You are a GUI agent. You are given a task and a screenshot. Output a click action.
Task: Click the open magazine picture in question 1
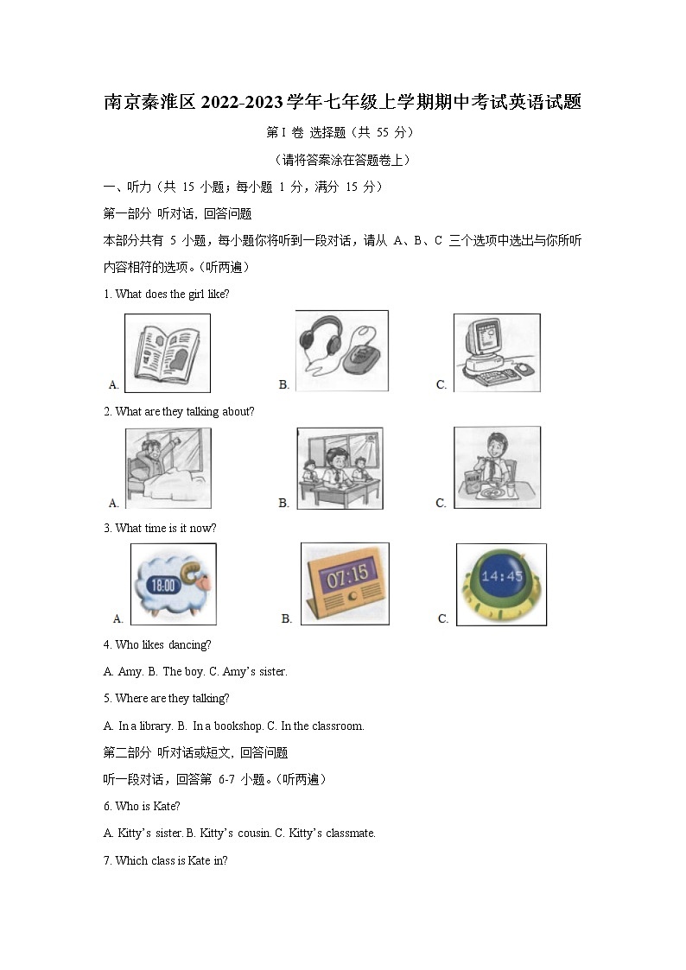coord(168,352)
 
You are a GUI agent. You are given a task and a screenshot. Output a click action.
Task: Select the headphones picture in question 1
coord(341,349)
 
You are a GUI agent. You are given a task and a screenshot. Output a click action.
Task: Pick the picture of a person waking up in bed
coord(168,467)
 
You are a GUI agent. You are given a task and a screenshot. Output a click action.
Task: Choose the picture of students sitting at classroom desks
coord(340,467)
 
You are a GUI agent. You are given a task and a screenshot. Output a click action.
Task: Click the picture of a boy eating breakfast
coord(497,466)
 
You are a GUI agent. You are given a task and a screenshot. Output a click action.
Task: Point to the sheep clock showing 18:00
coord(173,584)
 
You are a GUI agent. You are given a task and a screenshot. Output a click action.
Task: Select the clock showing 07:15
coord(345,583)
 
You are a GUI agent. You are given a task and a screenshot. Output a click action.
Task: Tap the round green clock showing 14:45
coord(501,584)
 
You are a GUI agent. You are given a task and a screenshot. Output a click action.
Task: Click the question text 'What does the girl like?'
coord(172,294)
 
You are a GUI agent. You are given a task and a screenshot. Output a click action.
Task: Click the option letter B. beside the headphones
coord(284,384)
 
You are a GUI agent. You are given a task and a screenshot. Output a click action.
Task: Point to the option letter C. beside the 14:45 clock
coord(443,618)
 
